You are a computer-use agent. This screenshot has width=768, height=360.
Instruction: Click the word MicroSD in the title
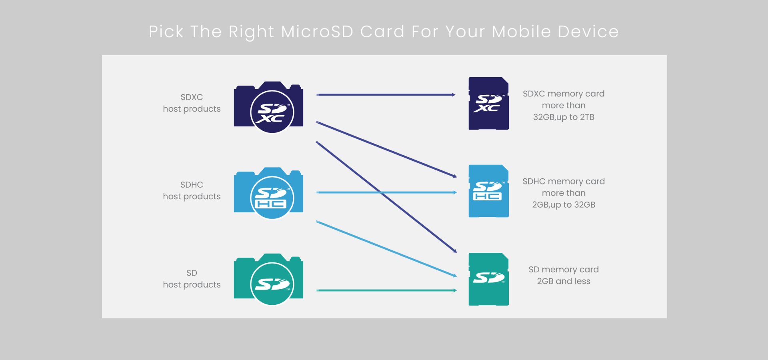317,32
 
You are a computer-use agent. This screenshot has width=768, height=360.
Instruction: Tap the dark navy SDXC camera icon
268,107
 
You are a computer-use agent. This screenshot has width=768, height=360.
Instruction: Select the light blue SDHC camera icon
268,193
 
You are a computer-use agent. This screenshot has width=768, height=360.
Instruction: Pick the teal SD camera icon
268,279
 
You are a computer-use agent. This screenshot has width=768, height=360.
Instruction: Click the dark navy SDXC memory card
488,103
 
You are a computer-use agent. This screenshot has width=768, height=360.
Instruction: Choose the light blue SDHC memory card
488,191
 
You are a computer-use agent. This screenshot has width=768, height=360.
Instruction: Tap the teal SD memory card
488,279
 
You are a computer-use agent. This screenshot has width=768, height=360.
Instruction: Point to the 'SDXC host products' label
192,103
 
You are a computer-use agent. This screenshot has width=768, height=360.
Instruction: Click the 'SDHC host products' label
192,190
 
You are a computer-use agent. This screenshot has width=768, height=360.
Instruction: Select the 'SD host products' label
192,278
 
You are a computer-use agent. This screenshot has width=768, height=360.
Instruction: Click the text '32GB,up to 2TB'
564,117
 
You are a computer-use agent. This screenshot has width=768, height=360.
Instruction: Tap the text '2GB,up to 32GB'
564,205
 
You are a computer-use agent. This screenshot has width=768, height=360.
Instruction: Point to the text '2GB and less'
564,281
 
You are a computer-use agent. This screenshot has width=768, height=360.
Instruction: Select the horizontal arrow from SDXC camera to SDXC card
386,95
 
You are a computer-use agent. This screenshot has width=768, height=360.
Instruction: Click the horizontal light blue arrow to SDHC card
386,192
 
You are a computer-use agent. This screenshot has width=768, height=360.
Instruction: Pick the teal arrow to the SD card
386,290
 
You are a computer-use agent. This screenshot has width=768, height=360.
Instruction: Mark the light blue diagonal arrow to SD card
386,249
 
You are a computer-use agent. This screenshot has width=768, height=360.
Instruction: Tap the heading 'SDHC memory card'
564,181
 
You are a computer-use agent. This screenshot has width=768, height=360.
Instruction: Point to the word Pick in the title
166,32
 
